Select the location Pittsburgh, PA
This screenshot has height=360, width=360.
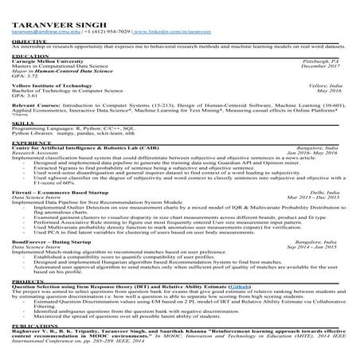click(334, 61)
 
